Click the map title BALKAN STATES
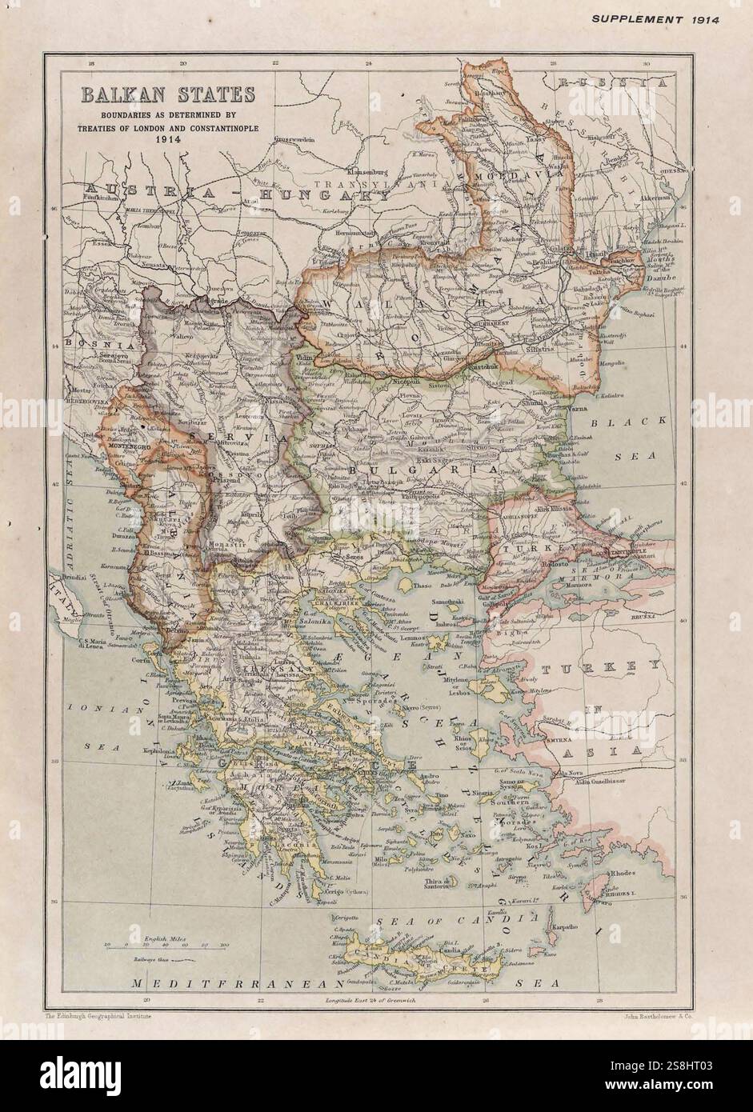[166, 94]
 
